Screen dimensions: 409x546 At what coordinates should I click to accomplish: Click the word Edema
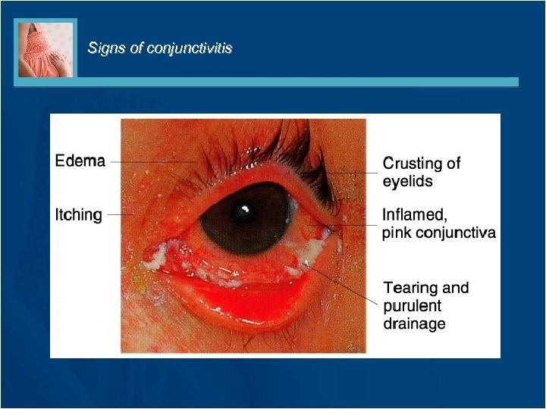point(80,161)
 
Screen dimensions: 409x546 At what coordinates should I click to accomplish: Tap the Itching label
point(79,215)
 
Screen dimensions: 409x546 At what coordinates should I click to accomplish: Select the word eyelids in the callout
point(407,182)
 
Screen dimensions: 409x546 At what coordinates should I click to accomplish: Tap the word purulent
point(412,306)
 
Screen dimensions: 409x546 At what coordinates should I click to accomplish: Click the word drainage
point(414,324)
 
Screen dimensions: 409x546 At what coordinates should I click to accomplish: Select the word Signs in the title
point(104,48)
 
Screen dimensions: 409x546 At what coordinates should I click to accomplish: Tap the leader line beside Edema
point(152,161)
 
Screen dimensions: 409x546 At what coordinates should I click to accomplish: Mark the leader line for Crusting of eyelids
point(356,173)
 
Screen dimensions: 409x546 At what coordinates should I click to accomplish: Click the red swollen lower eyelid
point(250,299)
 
